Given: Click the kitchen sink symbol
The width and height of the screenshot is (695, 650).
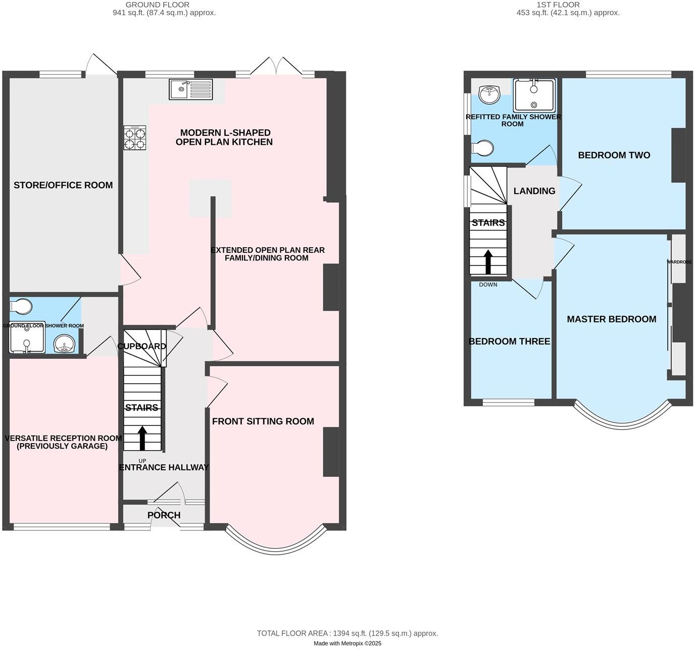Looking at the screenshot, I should [x=191, y=89].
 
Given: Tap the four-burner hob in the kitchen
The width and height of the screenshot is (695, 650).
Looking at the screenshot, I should [x=135, y=138].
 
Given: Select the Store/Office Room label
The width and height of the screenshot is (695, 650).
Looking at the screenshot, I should [x=63, y=185].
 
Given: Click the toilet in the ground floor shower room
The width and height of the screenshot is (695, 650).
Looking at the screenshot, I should [x=22, y=306].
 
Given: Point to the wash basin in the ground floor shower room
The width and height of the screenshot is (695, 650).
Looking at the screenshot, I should [x=64, y=345].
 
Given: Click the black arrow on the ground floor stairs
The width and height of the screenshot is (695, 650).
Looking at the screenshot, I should [x=142, y=438].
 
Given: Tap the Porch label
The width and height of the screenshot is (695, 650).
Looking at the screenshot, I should [x=164, y=515].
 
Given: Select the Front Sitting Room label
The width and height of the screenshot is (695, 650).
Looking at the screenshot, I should [x=263, y=421].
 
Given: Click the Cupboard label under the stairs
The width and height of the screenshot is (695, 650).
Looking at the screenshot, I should [x=141, y=346].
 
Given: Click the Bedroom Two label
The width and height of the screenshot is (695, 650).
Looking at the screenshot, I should [x=614, y=155].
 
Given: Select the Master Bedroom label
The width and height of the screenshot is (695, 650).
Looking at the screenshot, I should [x=611, y=319].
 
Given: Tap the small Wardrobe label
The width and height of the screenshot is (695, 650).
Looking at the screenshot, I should [x=679, y=262].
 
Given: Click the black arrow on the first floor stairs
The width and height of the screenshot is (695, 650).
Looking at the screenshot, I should [x=488, y=261].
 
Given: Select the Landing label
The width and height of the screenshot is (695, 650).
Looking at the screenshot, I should [x=534, y=191].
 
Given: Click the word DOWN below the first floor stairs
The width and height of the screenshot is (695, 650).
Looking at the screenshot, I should [x=488, y=285].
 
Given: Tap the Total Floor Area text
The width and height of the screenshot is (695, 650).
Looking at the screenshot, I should [x=347, y=633].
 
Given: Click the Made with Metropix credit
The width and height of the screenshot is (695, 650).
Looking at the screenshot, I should [x=347, y=643].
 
